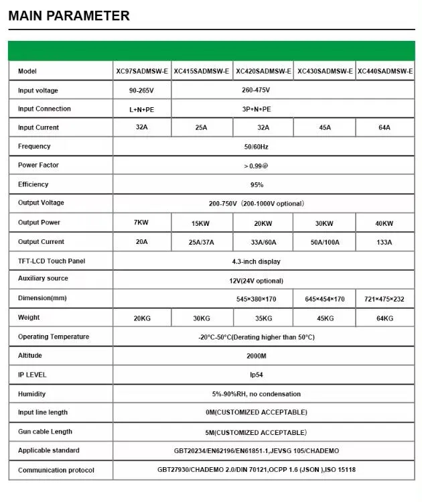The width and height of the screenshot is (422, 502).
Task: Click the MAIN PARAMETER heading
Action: (x=69, y=15)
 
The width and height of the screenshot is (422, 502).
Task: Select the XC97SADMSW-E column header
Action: (x=141, y=71)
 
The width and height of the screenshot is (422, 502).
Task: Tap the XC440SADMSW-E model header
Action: (x=385, y=71)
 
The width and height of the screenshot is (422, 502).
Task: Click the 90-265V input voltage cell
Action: (x=141, y=90)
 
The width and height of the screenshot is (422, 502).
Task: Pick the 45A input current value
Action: (x=324, y=127)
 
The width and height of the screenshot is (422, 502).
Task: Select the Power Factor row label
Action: (x=38, y=165)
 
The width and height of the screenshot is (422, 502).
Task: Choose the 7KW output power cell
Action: (x=141, y=223)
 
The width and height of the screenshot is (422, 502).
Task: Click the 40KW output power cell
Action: (x=384, y=223)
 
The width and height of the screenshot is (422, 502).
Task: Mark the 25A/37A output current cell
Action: (x=201, y=242)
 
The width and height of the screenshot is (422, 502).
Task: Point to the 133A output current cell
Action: (x=384, y=242)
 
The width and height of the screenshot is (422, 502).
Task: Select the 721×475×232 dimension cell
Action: (x=384, y=299)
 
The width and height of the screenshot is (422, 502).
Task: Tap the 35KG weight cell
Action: (x=263, y=318)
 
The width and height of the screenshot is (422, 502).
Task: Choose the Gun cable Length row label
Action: (x=45, y=432)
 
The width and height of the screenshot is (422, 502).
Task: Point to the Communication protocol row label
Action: (x=56, y=470)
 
